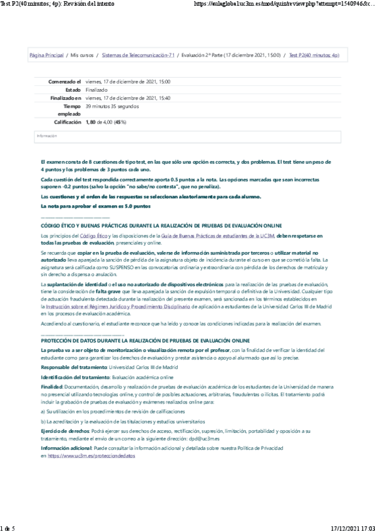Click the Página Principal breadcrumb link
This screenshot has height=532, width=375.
tap(46, 55)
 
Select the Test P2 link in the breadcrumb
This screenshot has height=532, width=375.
tap(314, 55)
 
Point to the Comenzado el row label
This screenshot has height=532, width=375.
tap(65, 82)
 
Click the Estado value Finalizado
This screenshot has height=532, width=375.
tap(96, 90)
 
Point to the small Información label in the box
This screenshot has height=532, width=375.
tap(46, 136)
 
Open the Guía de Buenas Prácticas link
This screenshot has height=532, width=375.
tap(202, 235)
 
